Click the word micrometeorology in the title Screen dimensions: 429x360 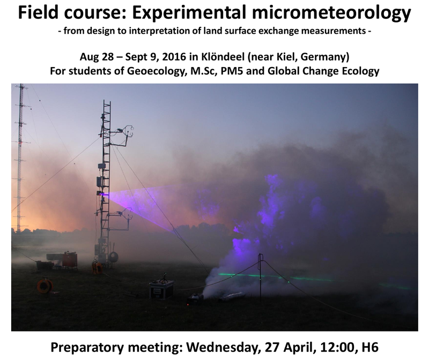click(331, 12)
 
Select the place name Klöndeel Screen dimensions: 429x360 click(223, 57)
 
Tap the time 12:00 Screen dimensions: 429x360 click(336, 348)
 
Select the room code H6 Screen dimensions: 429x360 click(370, 348)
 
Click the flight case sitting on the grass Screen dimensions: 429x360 click(161, 289)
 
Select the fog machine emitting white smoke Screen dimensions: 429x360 click(196, 298)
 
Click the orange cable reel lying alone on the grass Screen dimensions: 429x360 click(45, 286)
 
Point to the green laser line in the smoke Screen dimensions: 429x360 click(312, 280)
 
